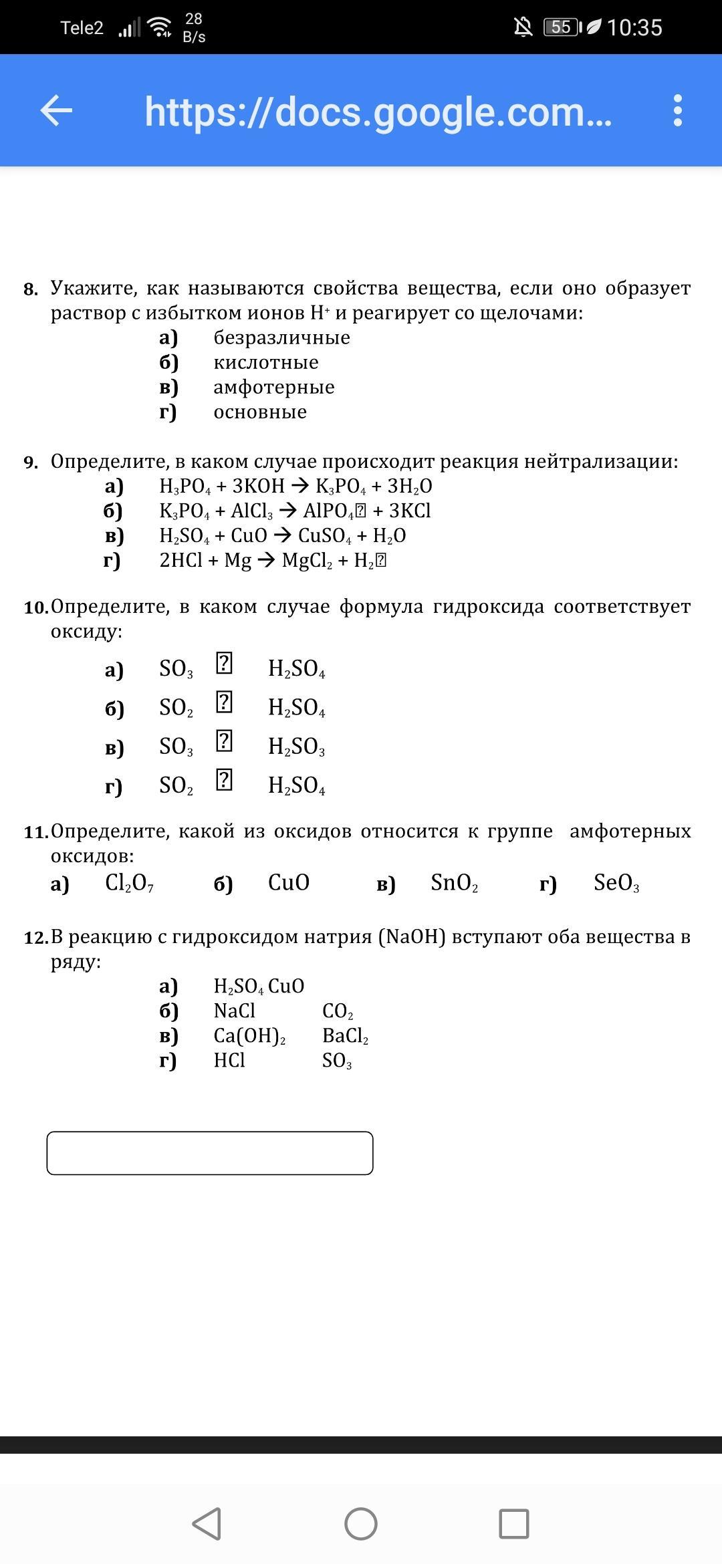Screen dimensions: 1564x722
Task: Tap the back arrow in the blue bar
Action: (56, 110)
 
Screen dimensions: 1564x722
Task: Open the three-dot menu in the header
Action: (677, 110)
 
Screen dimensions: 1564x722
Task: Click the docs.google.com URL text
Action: (378, 112)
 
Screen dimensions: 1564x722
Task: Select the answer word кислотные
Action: (265, 362)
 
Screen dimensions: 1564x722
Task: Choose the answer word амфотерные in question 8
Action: (273, 387)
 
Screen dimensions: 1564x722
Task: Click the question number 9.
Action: (31, 462)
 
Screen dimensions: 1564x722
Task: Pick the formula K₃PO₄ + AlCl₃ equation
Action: (295, 511)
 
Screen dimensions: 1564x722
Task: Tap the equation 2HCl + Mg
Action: (273, 560)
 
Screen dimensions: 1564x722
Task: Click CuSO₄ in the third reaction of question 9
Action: (324, 536)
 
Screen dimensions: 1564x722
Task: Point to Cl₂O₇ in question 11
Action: (129, 884)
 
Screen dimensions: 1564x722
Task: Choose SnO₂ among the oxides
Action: (454, 884)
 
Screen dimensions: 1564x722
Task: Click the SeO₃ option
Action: (616, 884)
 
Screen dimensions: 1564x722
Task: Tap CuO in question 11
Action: (288, 883)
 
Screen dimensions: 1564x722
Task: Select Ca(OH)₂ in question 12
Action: (249, 1036)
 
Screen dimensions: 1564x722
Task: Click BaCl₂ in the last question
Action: (345, 1036)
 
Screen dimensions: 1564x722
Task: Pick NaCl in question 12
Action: (234, 1011)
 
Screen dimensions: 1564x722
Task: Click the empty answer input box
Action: (209, 1153)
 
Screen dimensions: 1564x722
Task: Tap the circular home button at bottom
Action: (361, 1524)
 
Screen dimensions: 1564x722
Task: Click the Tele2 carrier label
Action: (82, 28)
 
